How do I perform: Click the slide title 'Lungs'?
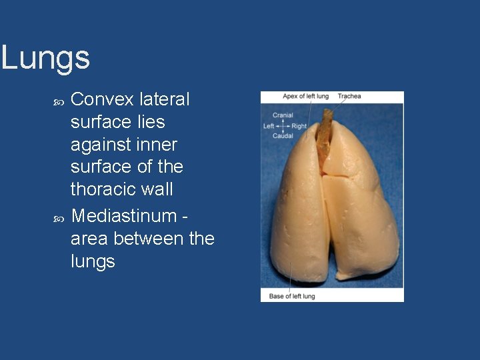45,58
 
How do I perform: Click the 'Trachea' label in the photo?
349,96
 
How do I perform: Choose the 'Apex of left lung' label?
305,96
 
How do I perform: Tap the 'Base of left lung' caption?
292,296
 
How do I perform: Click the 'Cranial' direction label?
283,115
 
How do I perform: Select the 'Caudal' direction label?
283,136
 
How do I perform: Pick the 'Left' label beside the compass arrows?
269,126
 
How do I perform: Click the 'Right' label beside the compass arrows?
299,126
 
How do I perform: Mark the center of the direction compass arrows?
283,126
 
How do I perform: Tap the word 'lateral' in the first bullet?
165,99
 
